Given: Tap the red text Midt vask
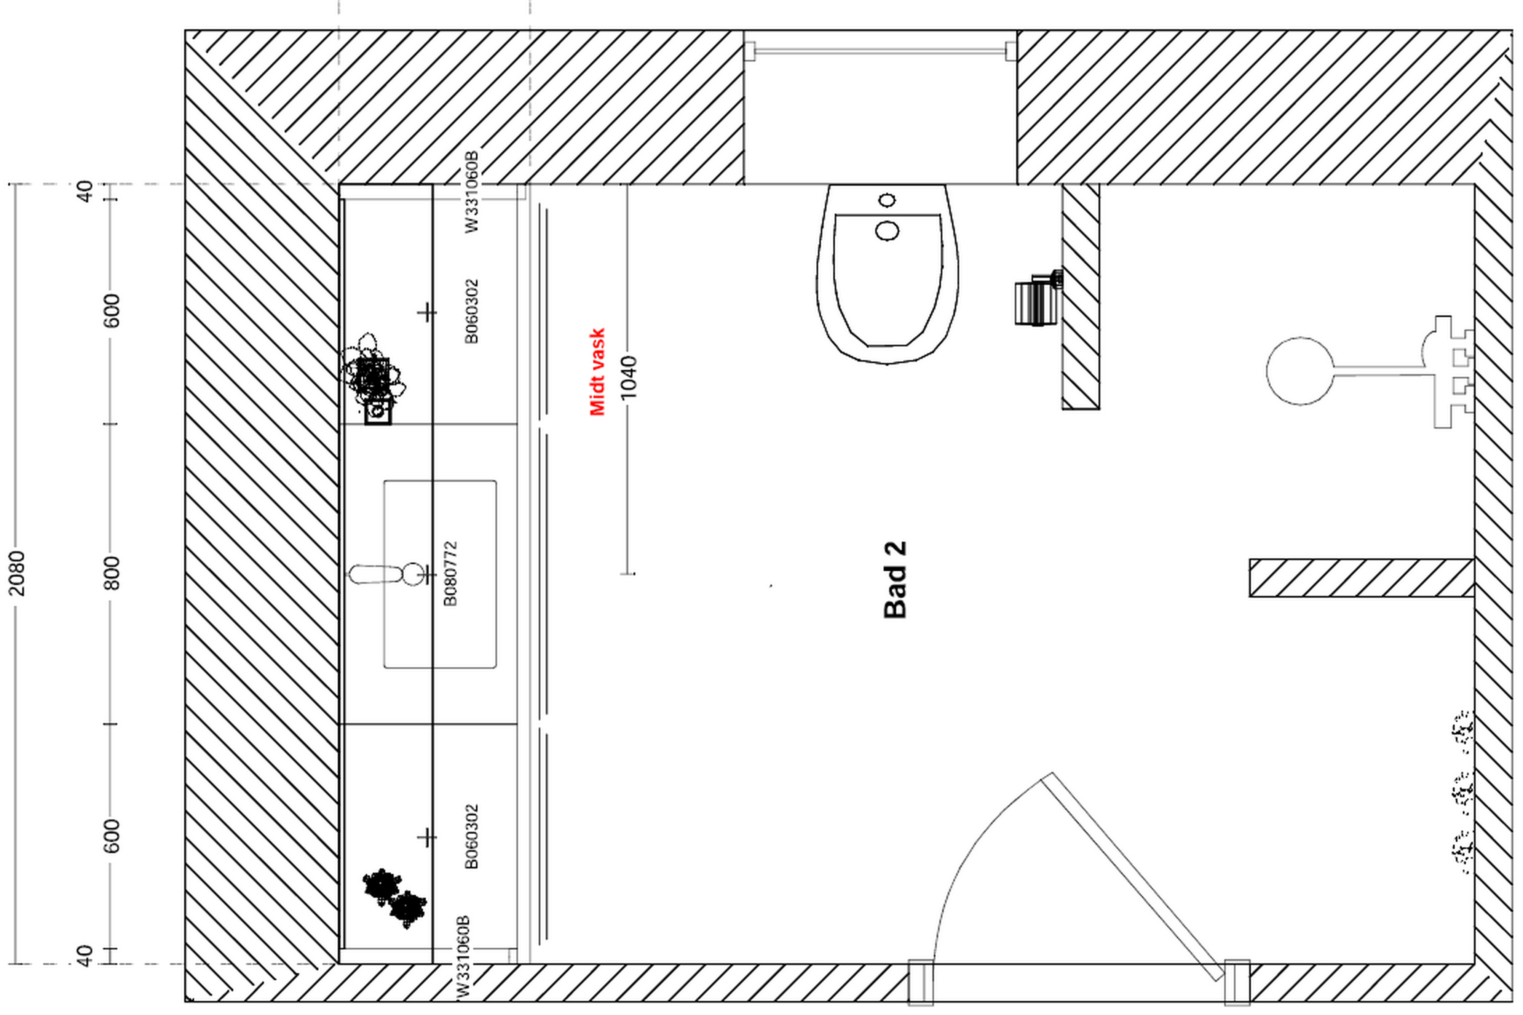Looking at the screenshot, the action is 597,372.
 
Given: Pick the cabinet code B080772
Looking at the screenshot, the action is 450,574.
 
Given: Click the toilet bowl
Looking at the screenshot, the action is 887,273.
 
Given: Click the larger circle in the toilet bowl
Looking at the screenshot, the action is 887,230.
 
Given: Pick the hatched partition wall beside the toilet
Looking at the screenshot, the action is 1081,296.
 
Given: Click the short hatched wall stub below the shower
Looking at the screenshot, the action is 1361,577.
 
